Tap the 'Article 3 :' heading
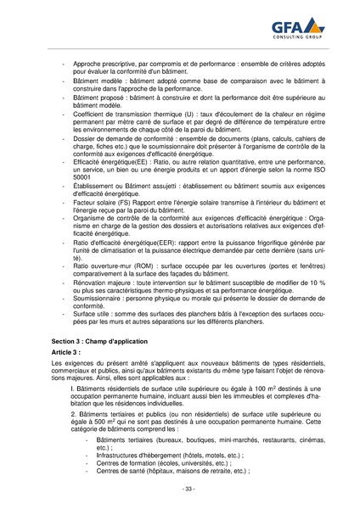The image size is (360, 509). click(x=65, y=350)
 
